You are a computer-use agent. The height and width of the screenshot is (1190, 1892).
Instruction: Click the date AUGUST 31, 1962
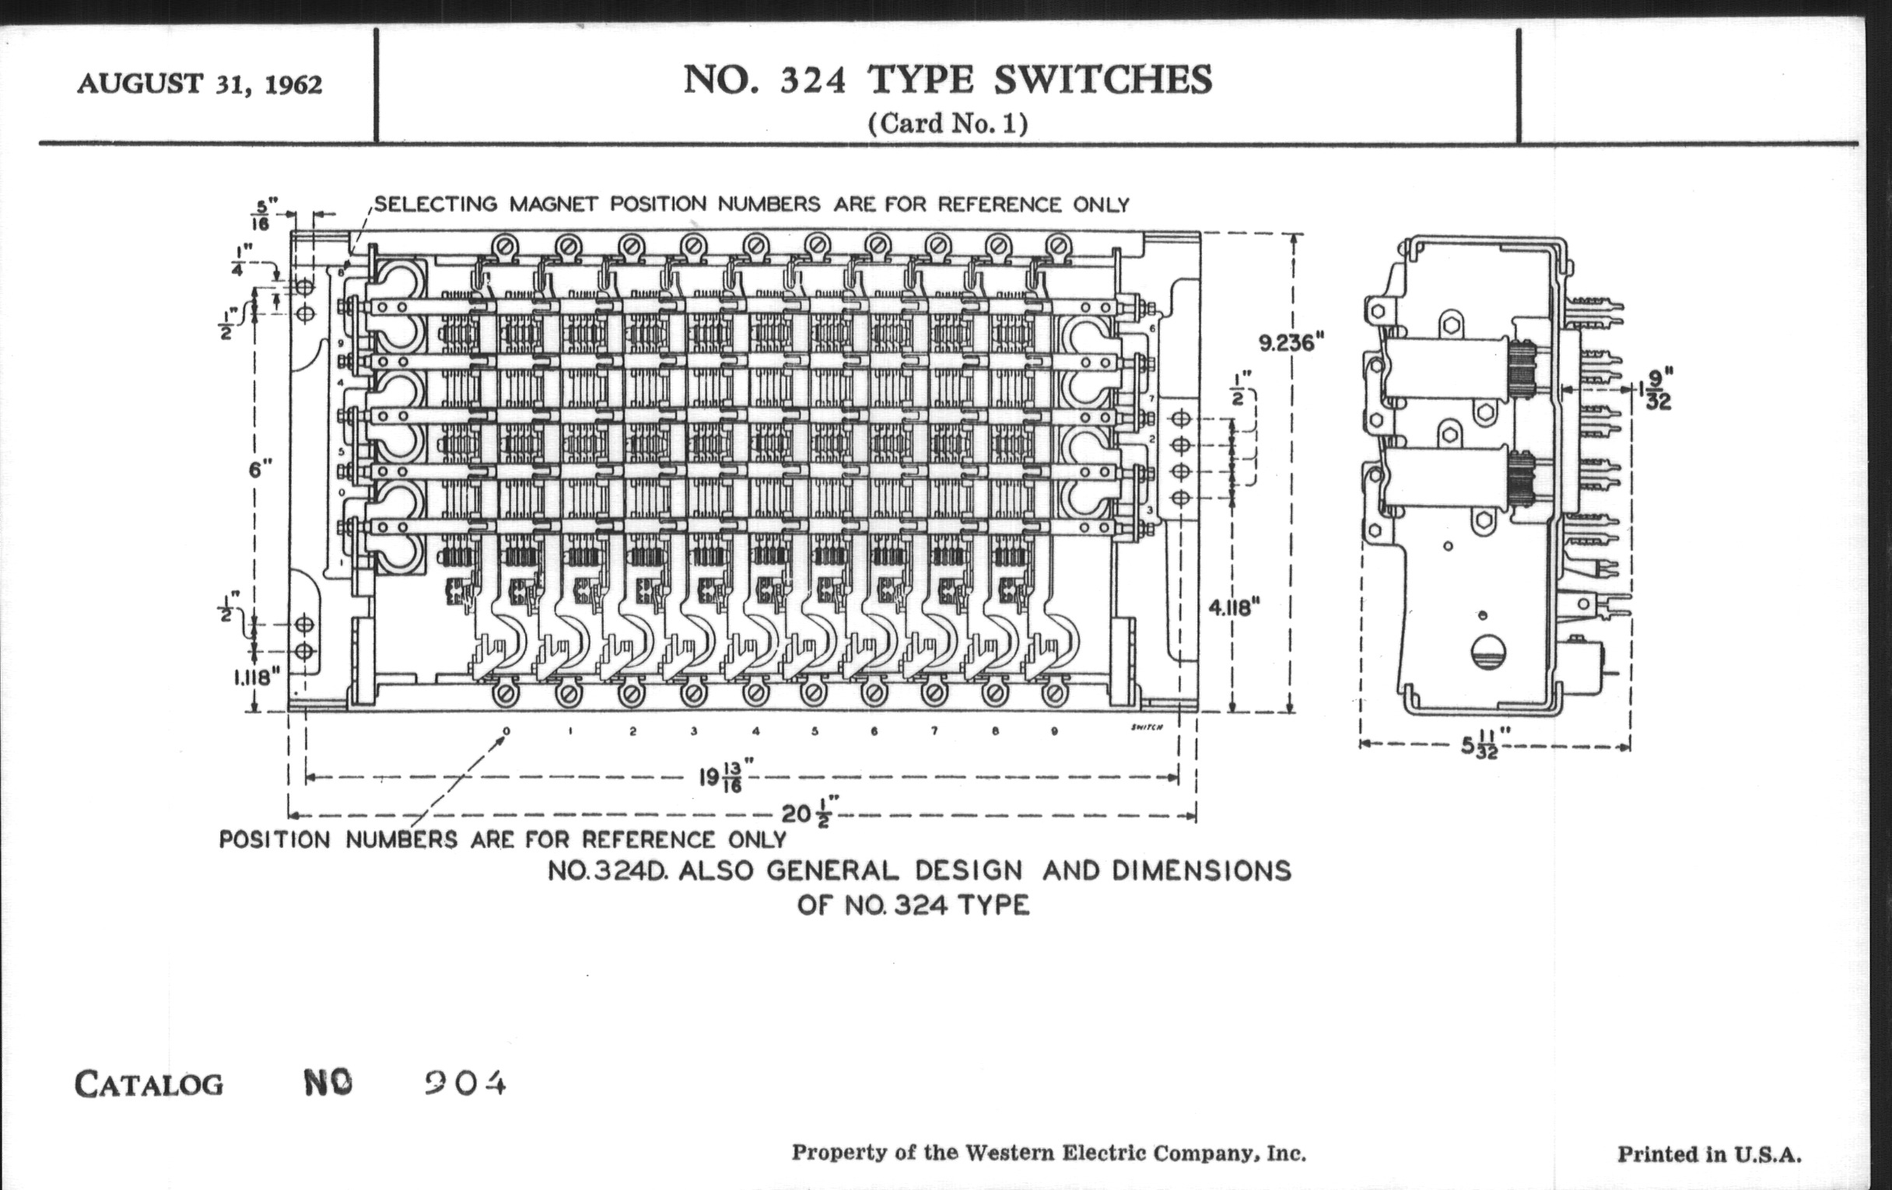click(x=200, y=84)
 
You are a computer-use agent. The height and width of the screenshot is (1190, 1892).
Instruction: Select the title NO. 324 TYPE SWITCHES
click(x=948, y=80)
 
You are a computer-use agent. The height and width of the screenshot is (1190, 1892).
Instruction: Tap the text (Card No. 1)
click(x=948, y=124)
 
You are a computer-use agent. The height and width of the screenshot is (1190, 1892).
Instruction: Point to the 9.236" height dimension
click(x=1291, y=342)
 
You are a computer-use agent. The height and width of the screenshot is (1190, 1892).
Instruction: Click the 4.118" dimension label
click(x=1235, y=607)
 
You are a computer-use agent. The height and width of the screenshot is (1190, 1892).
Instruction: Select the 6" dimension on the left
click(x=260, y=469)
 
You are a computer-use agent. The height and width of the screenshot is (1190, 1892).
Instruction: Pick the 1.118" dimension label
click(x=257, y=677)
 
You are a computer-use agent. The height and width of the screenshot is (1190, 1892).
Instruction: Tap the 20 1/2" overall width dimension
click(x=809, y=813)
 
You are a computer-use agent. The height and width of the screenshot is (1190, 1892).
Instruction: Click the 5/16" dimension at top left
click(x=261, y=214)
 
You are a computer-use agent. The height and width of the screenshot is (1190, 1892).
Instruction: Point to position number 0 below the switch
click(x=506, y=731)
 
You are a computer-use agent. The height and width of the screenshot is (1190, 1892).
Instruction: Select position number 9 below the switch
click(x=1053, y=731)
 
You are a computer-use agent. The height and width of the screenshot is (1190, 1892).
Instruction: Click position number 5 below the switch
click(x=815, y=731)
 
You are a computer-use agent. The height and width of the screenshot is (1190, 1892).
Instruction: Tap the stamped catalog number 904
click(x=465, y=1084)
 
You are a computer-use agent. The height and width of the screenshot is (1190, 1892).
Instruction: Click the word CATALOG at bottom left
click(x=149, y=1085)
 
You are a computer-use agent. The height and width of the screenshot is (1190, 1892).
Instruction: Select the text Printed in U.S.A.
click(x=1709, y=1155)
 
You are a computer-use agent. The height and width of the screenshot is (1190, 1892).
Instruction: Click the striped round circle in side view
click(x=1487, y=652)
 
